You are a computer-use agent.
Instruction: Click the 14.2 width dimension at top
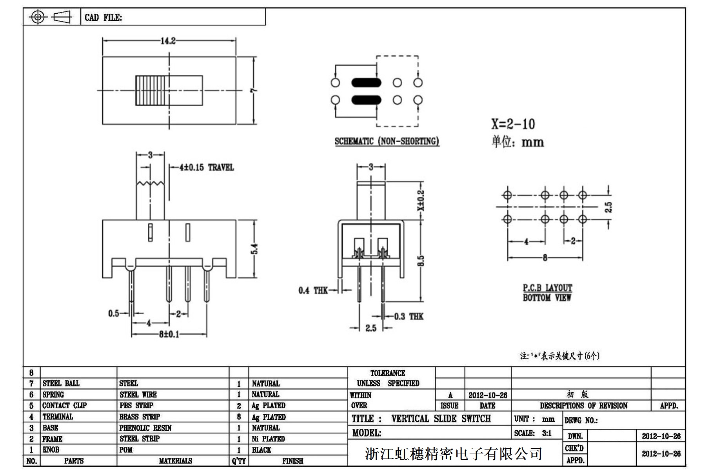168,41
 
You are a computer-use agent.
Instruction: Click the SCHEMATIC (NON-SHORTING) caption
387,141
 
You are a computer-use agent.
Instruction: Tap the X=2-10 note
513,124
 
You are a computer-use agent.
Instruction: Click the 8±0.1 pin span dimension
169,334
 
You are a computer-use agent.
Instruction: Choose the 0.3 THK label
409,316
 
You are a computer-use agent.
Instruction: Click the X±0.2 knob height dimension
421,200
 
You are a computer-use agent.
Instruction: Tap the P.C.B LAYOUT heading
547,288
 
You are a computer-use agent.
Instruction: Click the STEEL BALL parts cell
61,383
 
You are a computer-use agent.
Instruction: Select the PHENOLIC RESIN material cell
145,428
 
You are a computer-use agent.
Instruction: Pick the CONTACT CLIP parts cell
64,406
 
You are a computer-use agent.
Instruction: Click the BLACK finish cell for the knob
261,450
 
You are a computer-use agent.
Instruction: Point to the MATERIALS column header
175,461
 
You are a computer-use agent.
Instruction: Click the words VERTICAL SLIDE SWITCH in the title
441,419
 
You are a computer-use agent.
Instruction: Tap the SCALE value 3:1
547,433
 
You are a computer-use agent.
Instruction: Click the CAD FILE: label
103,18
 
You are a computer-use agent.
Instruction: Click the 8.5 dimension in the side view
421,261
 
